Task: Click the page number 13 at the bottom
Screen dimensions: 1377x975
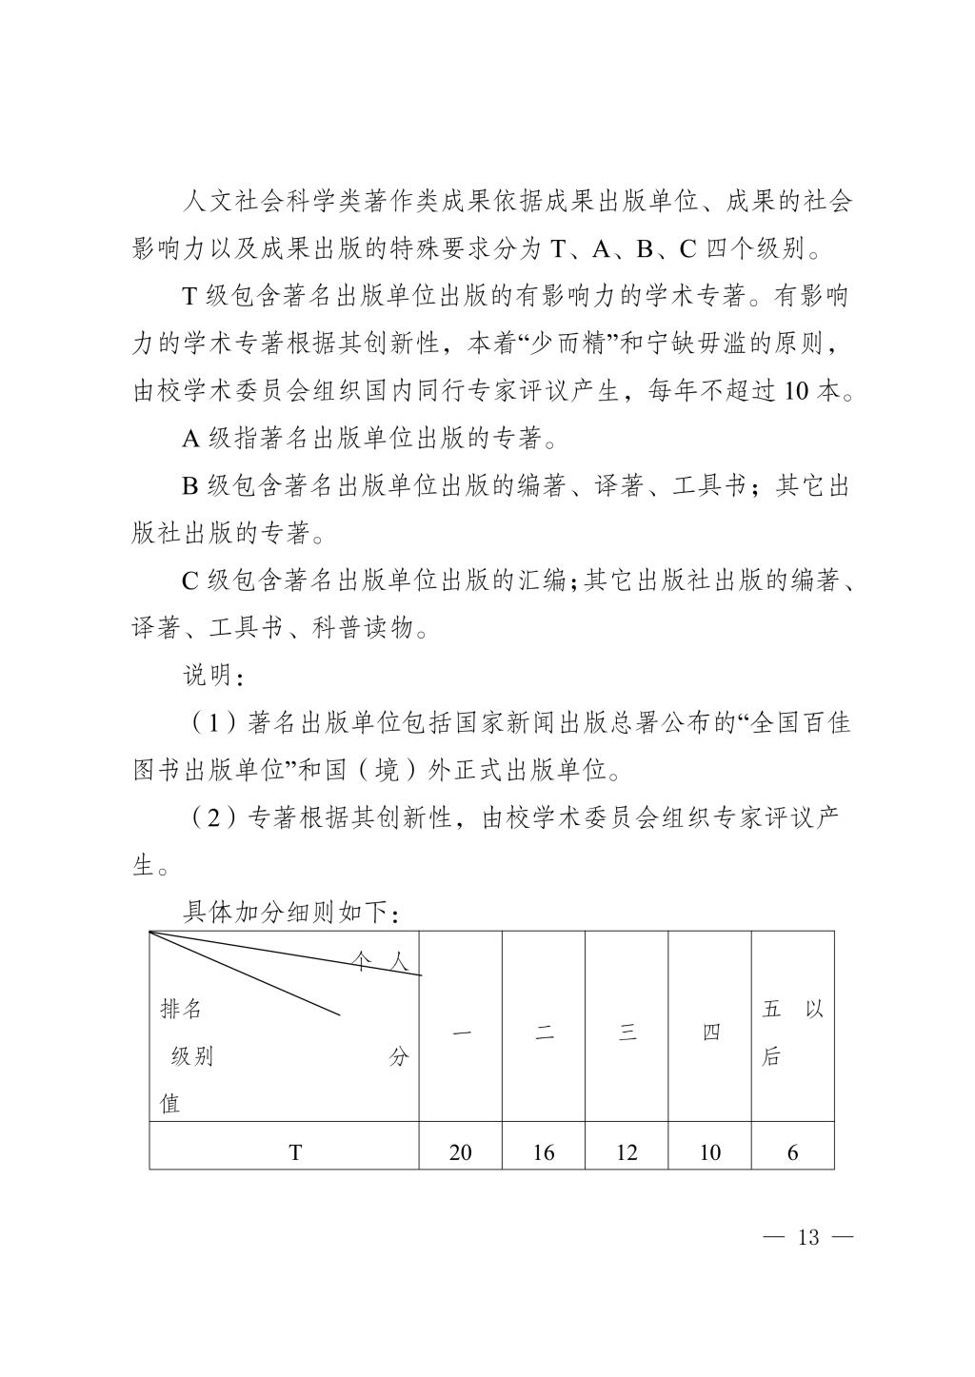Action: point(808,1238)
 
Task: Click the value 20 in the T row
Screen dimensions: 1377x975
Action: point(460,1152)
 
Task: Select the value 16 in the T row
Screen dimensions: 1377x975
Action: point(544,1152)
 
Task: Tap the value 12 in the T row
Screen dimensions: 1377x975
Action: point(627,1152)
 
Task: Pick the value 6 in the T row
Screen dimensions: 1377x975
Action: point(792,1152)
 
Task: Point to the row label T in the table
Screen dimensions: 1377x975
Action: point(295,1152)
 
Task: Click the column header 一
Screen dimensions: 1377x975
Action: point(461,1033)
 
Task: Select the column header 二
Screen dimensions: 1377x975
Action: point(544,1033)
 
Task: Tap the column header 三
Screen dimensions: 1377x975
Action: point(627,1033)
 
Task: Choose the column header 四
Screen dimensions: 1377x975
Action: point(710,1033)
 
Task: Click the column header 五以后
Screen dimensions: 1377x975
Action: point(792,1033)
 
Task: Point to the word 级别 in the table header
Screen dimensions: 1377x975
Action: point(192,1056)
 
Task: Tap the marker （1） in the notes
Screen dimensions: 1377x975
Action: point(208,723)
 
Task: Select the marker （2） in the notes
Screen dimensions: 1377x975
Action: point(208,818)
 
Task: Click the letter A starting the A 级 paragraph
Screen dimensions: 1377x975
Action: point(190,439)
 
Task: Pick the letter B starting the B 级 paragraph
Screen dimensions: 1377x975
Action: point(190,486)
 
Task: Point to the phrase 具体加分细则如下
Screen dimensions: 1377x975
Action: point(286,913)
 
